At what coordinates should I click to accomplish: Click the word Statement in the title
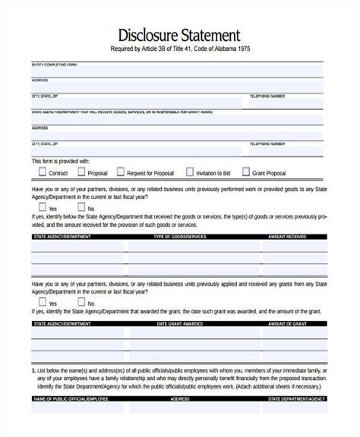click(207, 35)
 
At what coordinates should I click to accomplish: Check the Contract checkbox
click(36, 172)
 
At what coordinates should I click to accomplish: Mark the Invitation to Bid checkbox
click(190, 172)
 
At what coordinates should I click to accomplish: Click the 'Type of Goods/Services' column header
click(179, 237)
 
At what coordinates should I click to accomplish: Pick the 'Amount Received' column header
click(286, 237)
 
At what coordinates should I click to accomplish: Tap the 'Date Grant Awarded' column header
click(179, 324)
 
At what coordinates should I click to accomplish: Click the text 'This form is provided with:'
click(61, 161)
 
